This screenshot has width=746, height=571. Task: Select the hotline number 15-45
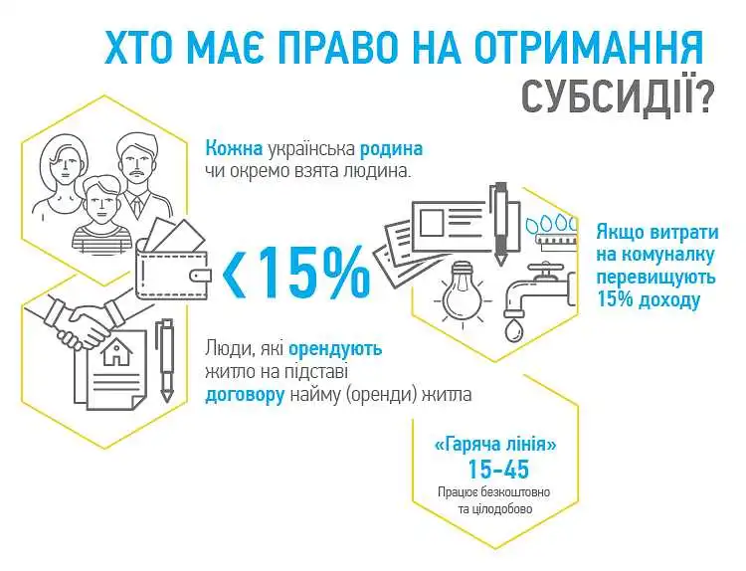[498, 470]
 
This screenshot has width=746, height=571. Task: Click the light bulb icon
[461, 291]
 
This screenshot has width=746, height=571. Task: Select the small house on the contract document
[117, 352]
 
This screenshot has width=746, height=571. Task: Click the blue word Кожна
[234, 148]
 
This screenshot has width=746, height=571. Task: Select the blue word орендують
[335, 349]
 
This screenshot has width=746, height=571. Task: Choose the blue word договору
[245, 395]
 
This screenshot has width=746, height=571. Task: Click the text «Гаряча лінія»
[495, 445]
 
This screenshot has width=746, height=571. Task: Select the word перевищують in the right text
[655, 278]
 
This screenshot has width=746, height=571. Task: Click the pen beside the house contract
[167, 361]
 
